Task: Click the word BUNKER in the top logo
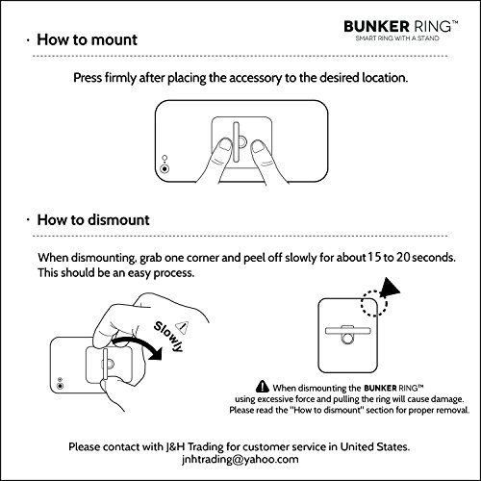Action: [x=376, y=26]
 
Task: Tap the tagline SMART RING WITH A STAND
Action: [x=397, y=38]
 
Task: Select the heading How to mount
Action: [x=87, y=39]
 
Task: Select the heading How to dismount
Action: [x=93, y=220]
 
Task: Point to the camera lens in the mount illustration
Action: [x=165, y=168]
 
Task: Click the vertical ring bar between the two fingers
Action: [x=236, y=141]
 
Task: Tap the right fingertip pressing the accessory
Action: [x=258, y=147]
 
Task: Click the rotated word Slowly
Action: [x=168, y=337]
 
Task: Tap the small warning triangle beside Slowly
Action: [x=183, y=326]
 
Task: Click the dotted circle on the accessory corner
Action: [x=374, y=303]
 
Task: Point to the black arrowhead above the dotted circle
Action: [x=389, y=288]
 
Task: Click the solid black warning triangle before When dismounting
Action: [x=263, y=386]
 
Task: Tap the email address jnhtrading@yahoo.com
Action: [x=240, y=460]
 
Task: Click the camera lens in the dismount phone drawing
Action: [x=60, y=386]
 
